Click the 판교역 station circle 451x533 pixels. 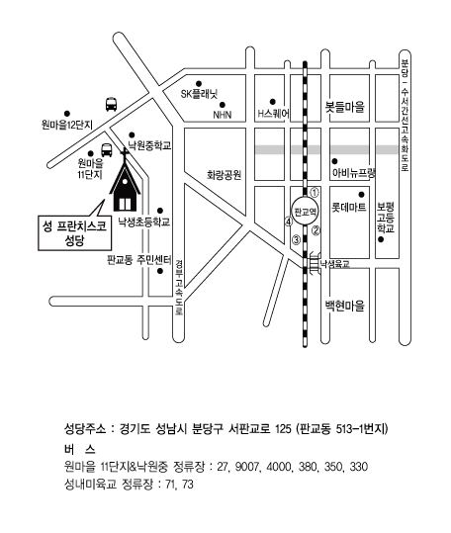pos(306,212)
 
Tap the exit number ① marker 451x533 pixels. pos(315,193)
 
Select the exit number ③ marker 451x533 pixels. pos(297,240)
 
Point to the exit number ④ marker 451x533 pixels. pos(289,222)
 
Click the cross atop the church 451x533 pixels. pos(125,156)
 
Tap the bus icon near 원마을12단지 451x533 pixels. pos(111,105)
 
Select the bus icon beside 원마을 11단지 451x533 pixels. pos(107,150)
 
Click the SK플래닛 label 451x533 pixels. pos(199,94)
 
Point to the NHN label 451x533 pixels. pos(223,115)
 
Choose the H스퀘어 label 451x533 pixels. pos(274,113)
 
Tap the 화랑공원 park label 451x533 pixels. pos(224,175)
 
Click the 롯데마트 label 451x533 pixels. pos(349,207)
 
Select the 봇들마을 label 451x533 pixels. pos(345,107)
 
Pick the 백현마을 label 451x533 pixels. pos(344,306)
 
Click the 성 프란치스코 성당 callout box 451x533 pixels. pos(75,232)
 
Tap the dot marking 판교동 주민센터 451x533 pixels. pos(160,271)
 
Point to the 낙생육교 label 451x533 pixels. pos(334,264)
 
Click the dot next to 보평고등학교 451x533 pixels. pos(381,239)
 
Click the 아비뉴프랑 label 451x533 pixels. pos(354,173)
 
